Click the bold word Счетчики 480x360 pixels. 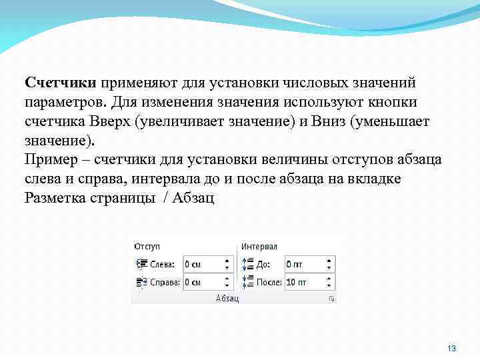(61, 82)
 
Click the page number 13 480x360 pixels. (452, 349)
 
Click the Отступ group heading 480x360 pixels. (148, 247)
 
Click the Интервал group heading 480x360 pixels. (259, 247)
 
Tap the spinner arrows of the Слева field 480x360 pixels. (228, 264)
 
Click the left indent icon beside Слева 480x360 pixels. (141, 264)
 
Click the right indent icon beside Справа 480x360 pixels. (141, 282)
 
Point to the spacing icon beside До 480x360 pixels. (247, 264)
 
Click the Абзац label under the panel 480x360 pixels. (227, 298)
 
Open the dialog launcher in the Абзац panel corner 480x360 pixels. (331, 299)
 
